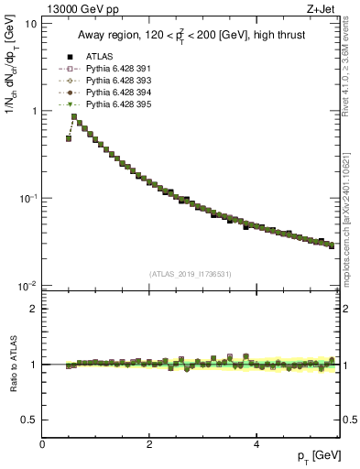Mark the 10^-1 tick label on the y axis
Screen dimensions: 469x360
[x=27, y=198]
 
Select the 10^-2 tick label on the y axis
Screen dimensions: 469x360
[x=27, y=286]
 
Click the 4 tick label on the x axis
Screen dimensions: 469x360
[x=256, y=443]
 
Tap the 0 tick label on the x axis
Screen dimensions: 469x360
[x=42, y=443]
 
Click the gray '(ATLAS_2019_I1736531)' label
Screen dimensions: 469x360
[x=190, y=274]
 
